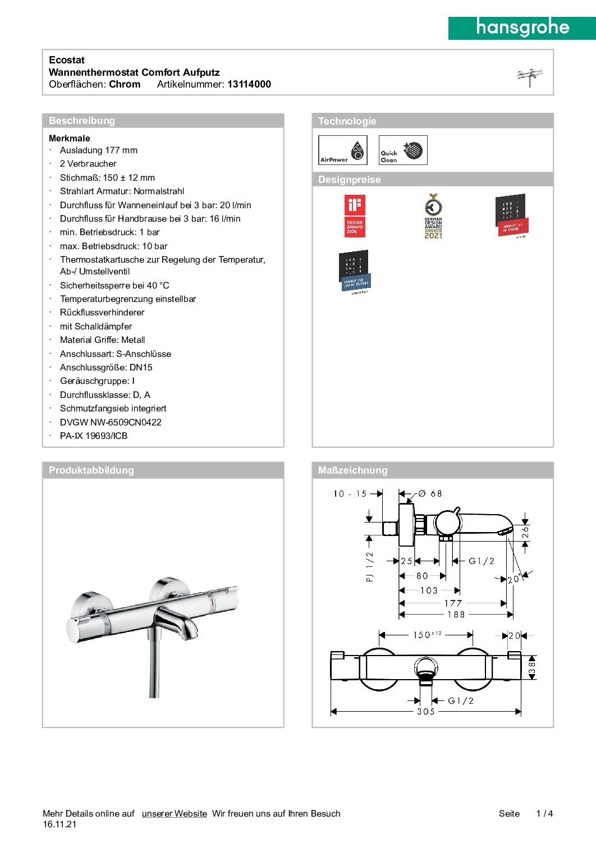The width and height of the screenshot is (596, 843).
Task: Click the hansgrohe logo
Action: coord(522,28)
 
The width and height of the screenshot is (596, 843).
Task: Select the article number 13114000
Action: coord(249,84)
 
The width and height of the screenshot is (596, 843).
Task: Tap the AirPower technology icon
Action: coord(342,150)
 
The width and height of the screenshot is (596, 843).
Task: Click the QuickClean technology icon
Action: coord(403,150)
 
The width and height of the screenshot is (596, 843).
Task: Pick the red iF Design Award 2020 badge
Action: coord(354,216)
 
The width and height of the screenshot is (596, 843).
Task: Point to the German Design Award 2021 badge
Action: coord(433,216)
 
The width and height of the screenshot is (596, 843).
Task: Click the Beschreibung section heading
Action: coord(82,121)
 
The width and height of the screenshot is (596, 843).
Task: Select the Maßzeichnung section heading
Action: coord(352,470)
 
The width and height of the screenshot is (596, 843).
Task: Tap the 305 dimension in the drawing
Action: coord(425,712)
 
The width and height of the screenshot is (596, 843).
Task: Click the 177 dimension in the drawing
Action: coord(453,603)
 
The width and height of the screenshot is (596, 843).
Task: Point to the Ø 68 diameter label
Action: coord(430,494)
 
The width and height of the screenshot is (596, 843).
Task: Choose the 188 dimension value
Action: coord(456,615)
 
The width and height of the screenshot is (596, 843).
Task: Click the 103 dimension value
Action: coord(429,590)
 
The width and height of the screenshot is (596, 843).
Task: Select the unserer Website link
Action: coord(174,814)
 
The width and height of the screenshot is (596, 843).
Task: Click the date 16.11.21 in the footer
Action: coord(59,824)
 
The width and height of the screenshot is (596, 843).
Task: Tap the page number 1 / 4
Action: coord(544,814)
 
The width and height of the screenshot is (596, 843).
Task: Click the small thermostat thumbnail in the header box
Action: coord(529,77)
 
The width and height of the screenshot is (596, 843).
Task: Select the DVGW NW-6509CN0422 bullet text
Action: coord(111,422)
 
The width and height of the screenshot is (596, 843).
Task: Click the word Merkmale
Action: coord(70,138)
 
